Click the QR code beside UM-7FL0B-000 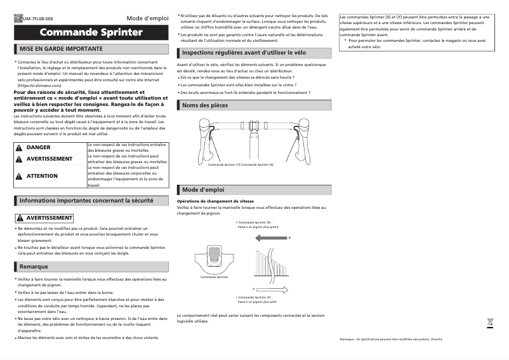click(x=18, y=18)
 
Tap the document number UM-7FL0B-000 click(x=38, y=19)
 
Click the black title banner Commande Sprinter click(x=88, y=32)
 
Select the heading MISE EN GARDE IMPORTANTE click(x=61, y=48)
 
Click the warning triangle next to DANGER click(x=18, y=147)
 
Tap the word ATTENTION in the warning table click(x=42, y=176)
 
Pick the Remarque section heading click(x=34, y=267)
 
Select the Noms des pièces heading click(x=205, y=105)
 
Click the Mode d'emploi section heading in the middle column click(x=203, y=190)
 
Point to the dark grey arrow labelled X click(x=270, y=238)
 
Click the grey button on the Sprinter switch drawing click(x=215, y=257)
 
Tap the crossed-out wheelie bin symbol click(x=490, y=322)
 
